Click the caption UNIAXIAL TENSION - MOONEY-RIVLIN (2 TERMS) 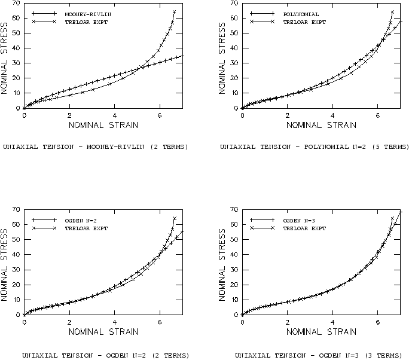tap(96, 147)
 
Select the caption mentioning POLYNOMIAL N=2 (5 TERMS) tap(315, 147)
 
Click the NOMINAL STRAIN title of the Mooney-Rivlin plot tap(103, 125)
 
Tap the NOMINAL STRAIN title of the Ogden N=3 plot tap(321, 331)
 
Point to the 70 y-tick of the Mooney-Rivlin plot tap(17, 4)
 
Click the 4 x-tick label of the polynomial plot tap(332, 115)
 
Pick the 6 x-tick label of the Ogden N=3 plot tap(378, 322)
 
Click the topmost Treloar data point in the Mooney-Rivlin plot tap(174, 11)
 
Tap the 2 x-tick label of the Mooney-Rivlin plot tap(69, 115)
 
